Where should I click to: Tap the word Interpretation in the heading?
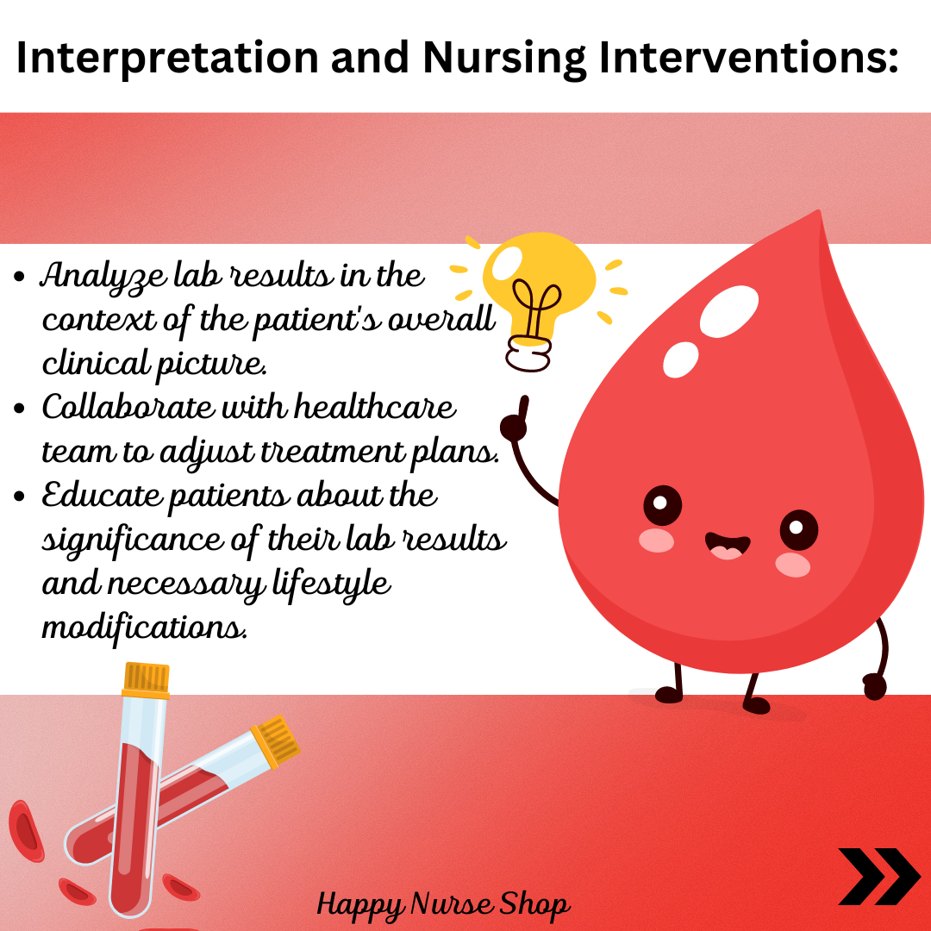tap(167, 59)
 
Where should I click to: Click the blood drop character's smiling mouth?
tap(727, 546)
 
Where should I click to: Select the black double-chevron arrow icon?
tap(879, 877)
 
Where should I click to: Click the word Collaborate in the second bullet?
tap(128, 407)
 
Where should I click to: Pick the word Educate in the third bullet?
tap(102, 495)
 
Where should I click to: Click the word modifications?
tap(144, 627)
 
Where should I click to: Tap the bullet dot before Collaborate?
tap(20, 409)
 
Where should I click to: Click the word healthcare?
tap(375, 407)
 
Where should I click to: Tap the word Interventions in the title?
tap(749, 59)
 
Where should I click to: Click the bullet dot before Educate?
tap(20, 497)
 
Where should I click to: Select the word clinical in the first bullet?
tap(95, 363)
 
